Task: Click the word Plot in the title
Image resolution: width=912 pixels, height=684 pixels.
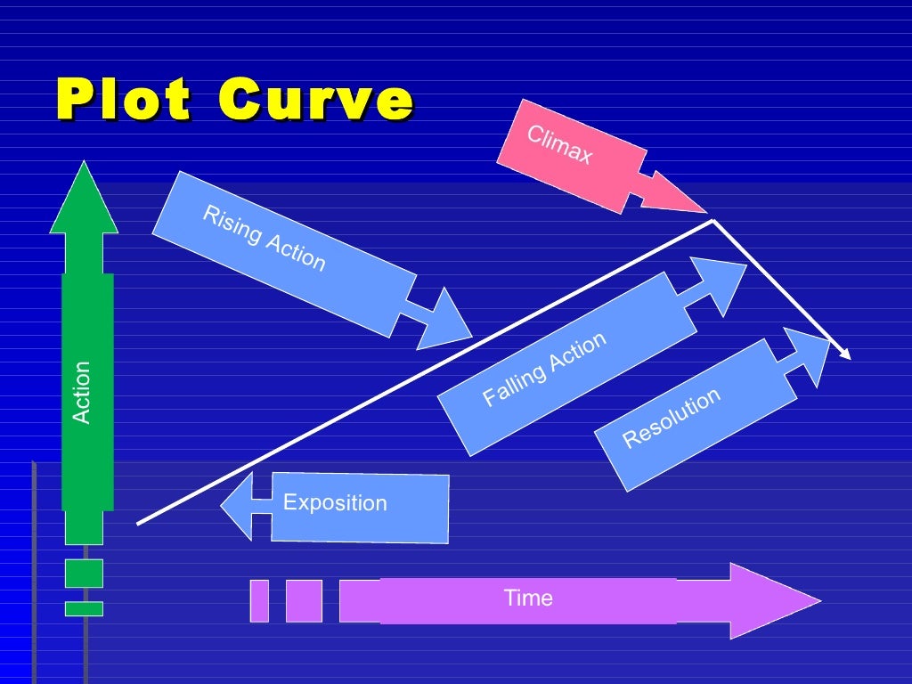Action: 123,99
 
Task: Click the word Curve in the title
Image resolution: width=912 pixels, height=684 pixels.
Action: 316,99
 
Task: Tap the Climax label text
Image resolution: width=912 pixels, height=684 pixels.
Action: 559,144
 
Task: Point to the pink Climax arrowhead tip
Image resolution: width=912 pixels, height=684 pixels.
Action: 706,213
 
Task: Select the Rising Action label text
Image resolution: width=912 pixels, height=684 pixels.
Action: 264,238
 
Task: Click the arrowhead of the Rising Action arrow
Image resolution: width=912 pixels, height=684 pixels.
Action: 443,321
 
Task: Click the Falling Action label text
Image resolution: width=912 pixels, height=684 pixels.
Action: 544,369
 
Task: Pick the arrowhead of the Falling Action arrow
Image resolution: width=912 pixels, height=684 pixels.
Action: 720,286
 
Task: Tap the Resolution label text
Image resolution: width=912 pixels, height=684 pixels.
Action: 672,418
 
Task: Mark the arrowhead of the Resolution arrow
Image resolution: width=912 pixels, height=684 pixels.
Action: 809,356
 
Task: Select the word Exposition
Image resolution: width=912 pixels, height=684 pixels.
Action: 335,502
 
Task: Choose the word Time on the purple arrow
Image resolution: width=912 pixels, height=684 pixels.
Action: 528,598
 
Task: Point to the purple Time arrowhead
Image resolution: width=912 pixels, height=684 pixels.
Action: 774,601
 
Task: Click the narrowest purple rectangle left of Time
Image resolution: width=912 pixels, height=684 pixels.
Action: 259,601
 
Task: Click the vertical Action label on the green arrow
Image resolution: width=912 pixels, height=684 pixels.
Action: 81,392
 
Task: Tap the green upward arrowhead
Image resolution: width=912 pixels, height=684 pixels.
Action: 84,198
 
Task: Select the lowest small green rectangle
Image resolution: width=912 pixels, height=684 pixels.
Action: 84,609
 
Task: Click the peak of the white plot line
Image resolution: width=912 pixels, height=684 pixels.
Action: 713,221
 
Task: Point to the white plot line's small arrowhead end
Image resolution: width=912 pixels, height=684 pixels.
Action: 846,354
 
